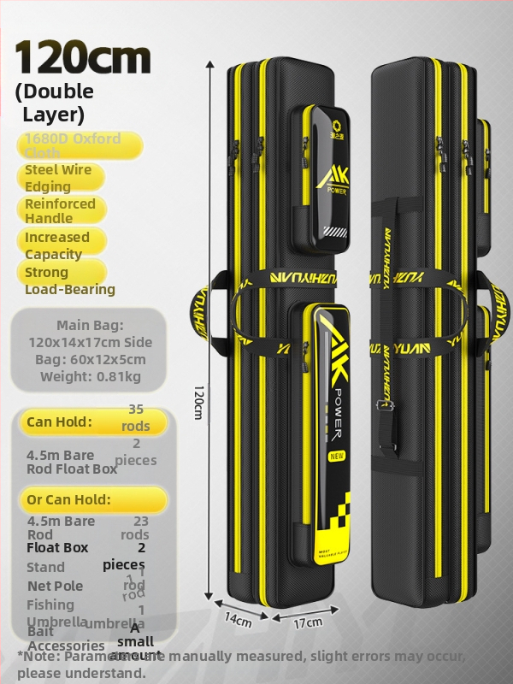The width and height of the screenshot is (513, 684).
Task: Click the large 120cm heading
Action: tap(83, 57)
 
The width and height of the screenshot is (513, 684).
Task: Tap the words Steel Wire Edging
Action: tap(58, 178)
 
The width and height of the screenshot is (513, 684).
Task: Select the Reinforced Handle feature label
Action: tap(60, 211)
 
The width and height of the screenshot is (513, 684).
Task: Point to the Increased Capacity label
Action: tap(57, 245)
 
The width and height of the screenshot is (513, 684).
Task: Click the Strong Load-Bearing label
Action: tap(68, 280)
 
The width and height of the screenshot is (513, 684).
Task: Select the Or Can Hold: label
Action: tap(68, 499)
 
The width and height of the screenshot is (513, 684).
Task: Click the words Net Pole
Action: tap(56, 586)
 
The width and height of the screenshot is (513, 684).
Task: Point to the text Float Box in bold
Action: tap(57, 547)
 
